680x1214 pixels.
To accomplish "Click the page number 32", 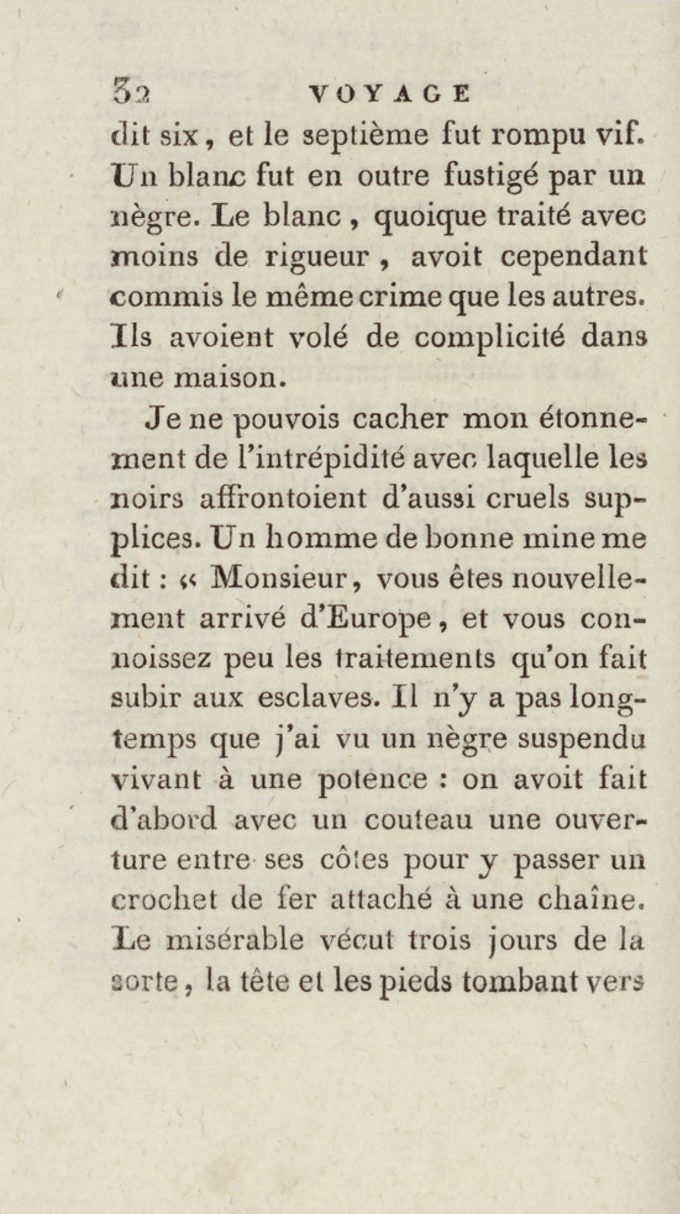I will click(131, 94).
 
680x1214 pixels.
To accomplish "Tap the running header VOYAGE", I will click(389, 94).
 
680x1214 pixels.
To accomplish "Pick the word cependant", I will click(574, 256).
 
